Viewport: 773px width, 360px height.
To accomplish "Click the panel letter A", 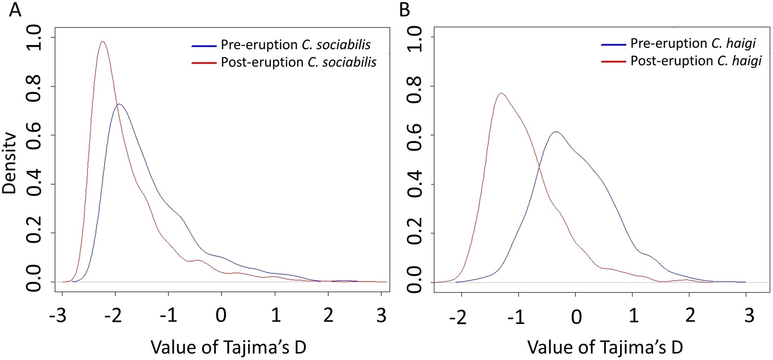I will pyautogui.click(x=15, y=10).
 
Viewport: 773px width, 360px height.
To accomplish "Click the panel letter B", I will pyautogui.click(x=405, y=10).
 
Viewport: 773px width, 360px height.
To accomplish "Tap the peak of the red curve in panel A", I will pyautogui.click(x=102, y=42).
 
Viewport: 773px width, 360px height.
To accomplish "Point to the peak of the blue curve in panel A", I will pyautogui.click(x=119, y=104).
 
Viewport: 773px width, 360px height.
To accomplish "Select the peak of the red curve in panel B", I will pyautogui.click(x=501, y=93).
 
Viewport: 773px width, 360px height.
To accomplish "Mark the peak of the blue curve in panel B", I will pyautogui.click(x=555, y=132).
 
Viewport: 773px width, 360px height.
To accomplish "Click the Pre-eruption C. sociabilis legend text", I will pyautogui.click(x=296, y=45).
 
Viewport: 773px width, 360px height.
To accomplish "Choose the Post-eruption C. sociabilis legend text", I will pyautogui.click(x=298, y=62).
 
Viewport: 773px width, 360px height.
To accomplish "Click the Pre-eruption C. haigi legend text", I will pyautogui.click(x=693, y=43).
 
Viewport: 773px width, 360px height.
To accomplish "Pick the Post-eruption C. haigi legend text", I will pyautogui.click(x=696, y=61).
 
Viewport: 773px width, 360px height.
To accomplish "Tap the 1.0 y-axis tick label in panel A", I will pyautogui.click(x=34, y=38).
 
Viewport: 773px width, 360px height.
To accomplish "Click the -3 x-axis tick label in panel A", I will pyautogui.click(x=59, y=315).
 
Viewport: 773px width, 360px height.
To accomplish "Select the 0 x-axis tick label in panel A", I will pyautogui.click(x=221, y=315).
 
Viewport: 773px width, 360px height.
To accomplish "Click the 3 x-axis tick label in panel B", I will pyautogui.click(x=749, y=315).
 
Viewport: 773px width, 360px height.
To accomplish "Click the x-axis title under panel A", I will pyautogui.click(x=228, y=347).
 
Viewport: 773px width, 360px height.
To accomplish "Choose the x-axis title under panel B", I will pyautogui.click(x=605, y=347).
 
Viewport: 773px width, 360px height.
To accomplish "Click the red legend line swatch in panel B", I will pyautogui.click(x=613, y=61).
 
